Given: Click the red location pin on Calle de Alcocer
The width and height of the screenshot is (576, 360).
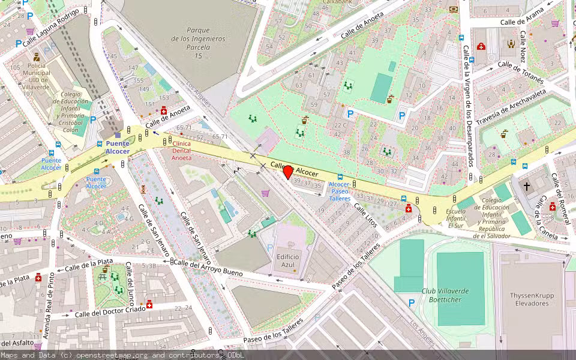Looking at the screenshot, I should coord(288,172).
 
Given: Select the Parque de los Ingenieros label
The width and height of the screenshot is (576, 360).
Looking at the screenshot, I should coord(198,43).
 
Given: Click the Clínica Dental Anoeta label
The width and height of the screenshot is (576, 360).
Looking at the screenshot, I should coord(182,151).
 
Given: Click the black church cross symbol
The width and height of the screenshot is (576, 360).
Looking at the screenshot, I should coord(527,186).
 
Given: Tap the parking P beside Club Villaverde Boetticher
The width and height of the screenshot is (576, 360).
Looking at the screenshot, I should coord(412,304).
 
